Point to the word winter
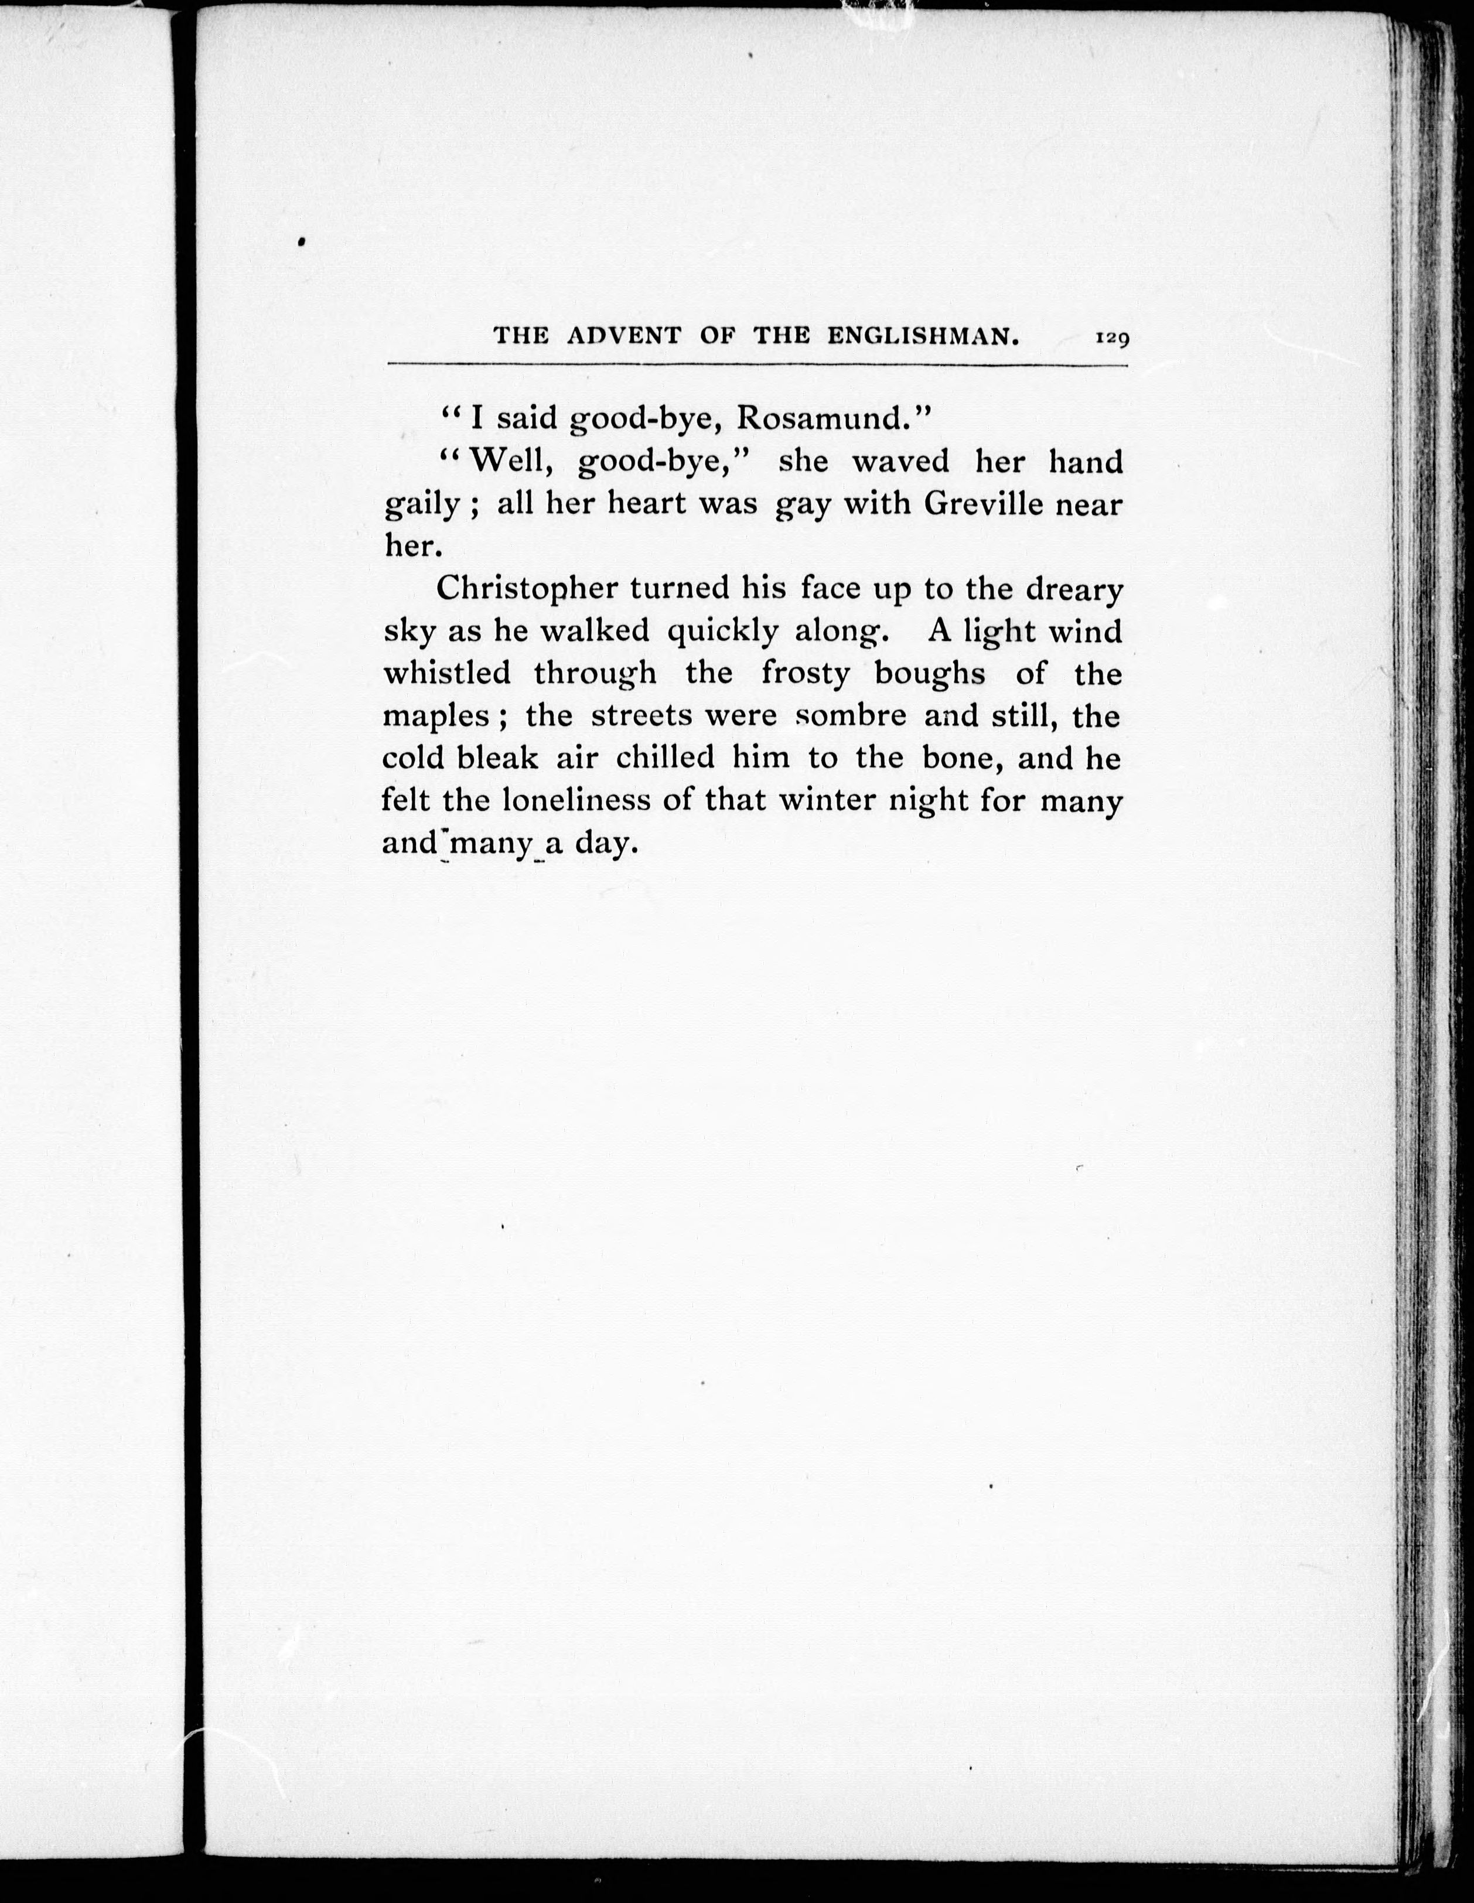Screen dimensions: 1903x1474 click(827, 800)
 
